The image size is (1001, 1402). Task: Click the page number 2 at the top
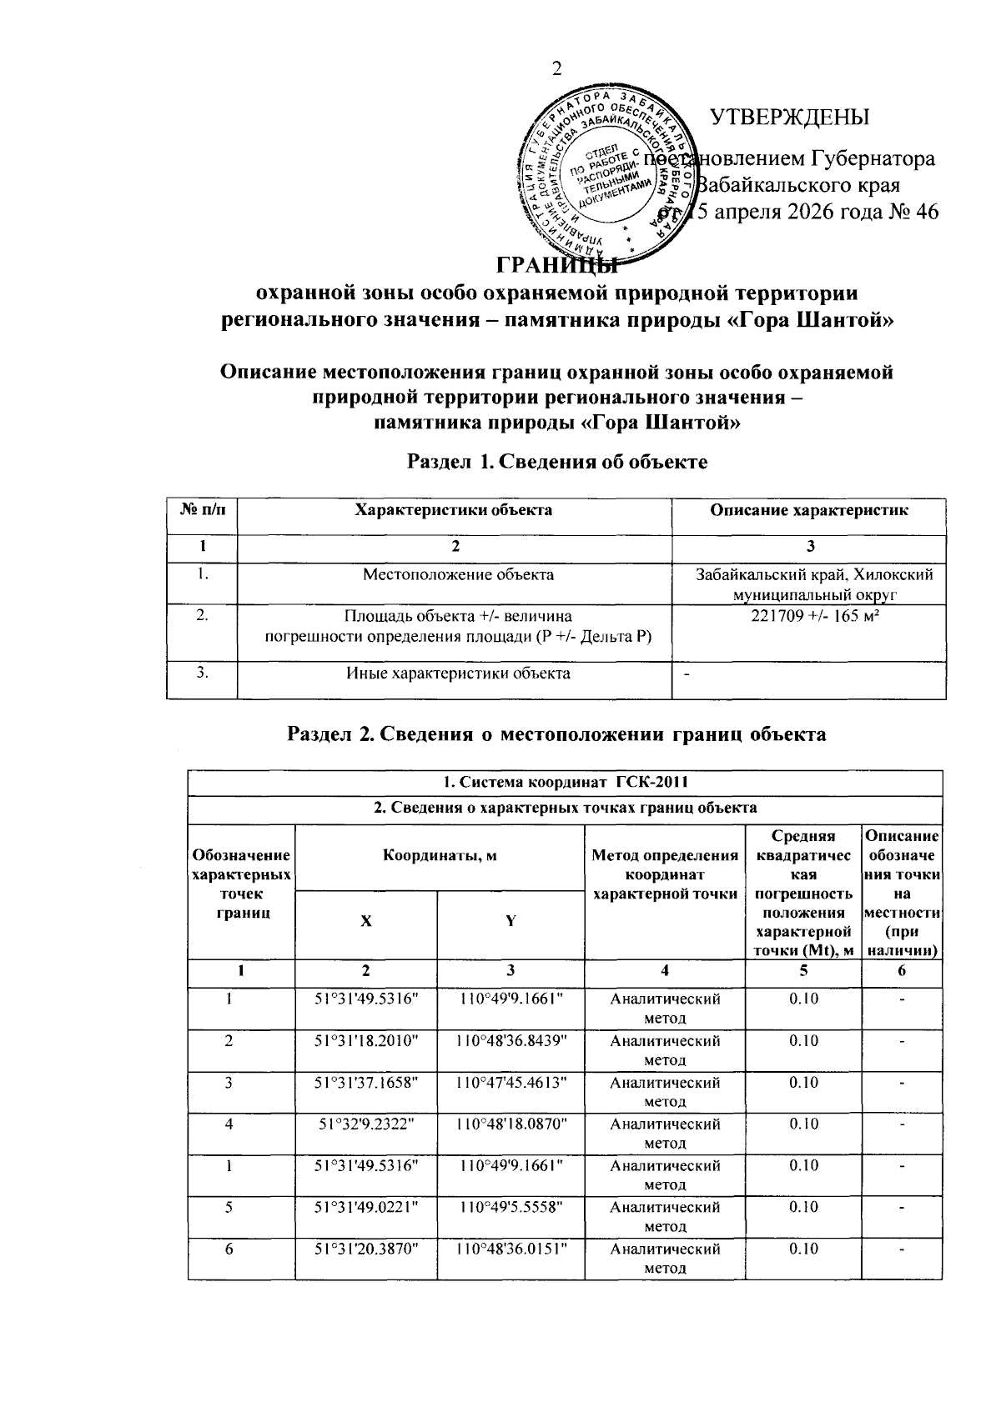coord(556,69)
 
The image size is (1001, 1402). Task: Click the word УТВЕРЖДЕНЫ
coord(789,118)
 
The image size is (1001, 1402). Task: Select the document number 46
coord(926,212)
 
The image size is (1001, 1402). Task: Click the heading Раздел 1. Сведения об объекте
coord(556,461)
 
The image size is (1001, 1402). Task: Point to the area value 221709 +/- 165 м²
coord(808,618)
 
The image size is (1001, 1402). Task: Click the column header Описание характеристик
coord(808,510)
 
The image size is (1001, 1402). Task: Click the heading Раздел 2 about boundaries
coord(556,734)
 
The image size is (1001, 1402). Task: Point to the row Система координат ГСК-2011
coord(565,782)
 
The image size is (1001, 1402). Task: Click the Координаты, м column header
coord(440,855)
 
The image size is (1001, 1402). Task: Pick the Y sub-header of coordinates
coord(511,922)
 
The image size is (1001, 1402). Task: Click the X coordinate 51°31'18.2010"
coord(366,1041)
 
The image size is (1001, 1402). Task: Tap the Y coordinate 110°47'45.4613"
coord(511,1083)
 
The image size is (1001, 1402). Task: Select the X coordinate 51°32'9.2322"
coord(366,1124)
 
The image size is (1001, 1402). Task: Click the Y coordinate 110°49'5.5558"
coord(511,1207)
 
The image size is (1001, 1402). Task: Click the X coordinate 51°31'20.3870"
coord(366,1249)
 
